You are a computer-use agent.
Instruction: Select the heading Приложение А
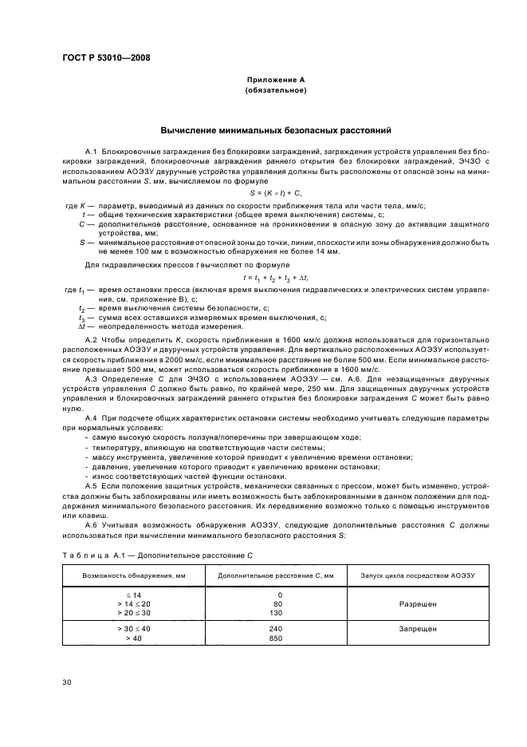tap(275, 81)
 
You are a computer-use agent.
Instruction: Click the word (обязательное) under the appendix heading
tap(275, 91)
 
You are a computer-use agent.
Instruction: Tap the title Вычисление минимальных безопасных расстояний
tap(275, 129)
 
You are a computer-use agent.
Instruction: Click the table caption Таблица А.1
tap(91, 553)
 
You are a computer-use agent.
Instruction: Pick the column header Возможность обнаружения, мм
tap(128, 575)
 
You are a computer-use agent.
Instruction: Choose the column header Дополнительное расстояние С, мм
tap(276, 575)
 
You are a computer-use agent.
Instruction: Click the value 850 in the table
tap(276, 638)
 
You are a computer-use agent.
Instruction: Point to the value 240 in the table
tap(276, 629)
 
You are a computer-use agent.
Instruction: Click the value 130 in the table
tap(276, 614)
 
